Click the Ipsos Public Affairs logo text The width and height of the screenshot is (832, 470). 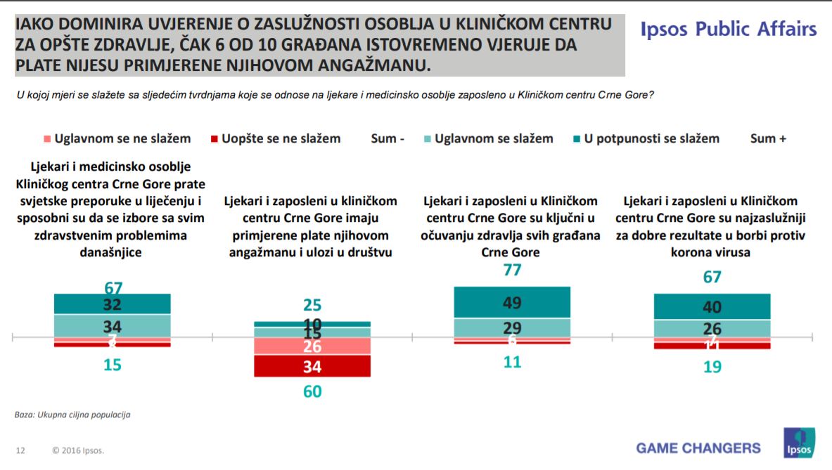coord(729,30)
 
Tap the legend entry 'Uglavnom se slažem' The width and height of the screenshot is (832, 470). coord(493,138)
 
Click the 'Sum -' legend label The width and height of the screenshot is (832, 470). coord(388,138)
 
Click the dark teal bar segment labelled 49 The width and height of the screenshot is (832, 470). coord(511,302)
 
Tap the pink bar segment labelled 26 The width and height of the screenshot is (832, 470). coord(312,346)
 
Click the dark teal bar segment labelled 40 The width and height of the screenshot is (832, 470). coord(712,306)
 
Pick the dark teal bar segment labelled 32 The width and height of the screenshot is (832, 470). coord(113,303)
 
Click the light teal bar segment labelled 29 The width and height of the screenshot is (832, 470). coord(511,327)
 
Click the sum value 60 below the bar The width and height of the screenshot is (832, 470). coord(312,392)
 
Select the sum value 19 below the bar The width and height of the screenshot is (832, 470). coord(712,367)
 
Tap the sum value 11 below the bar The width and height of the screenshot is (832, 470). coord(511,363)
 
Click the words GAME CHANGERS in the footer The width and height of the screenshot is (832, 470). coord(698,448)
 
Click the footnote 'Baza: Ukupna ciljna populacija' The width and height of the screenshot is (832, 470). coord(72,414)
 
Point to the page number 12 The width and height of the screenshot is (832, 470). coord(20,450)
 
